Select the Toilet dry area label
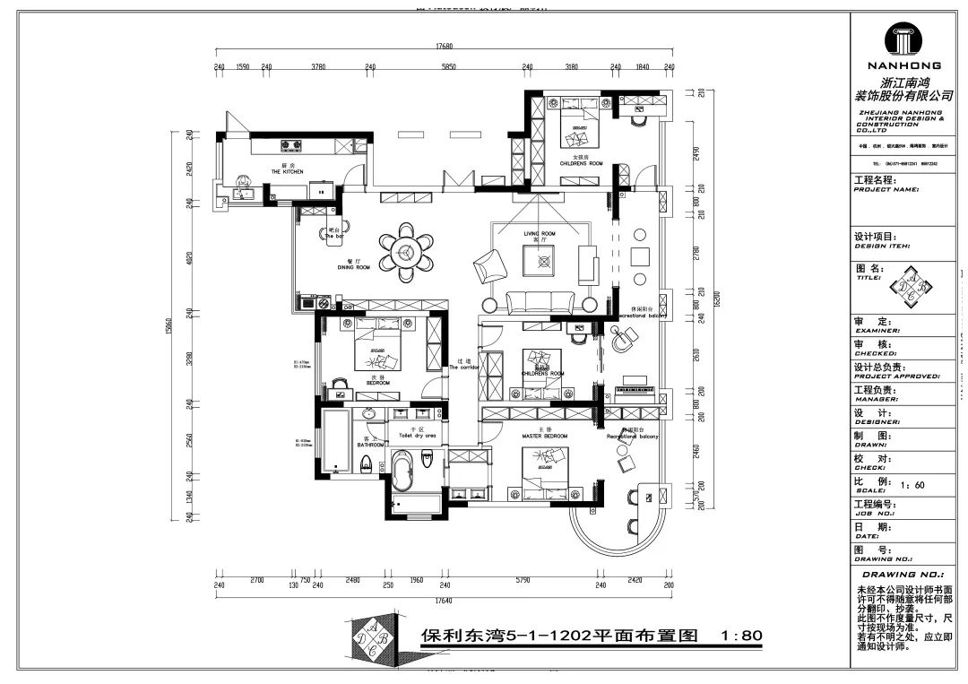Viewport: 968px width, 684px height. click(x=417, y=435)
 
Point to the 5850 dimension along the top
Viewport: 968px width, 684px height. click(x=448, y=66)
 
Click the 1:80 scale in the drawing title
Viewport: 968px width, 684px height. click(x=741, y=636)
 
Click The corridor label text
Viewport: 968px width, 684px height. click(x=464, y=368)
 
